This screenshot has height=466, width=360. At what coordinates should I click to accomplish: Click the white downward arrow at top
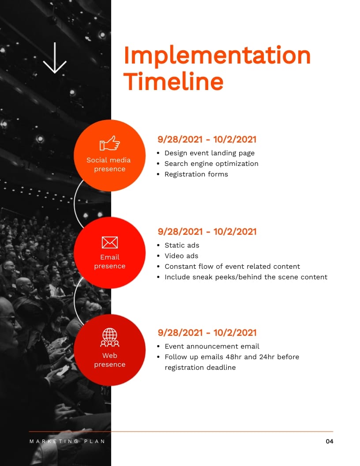[55, 58]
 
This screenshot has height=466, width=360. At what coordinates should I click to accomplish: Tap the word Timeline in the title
[173, 81]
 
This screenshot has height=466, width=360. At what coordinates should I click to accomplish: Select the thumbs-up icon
[110, 143]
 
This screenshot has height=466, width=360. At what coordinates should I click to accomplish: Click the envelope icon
[110, 242]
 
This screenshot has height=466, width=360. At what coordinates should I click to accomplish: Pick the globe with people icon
[110, 337]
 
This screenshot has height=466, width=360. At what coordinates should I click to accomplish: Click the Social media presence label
[109, 165]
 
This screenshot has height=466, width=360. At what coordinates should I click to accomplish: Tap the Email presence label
[110, 262]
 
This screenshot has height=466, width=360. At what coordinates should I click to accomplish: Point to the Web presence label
[110, 360]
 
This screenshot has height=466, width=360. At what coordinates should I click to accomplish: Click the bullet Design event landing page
[210, 153]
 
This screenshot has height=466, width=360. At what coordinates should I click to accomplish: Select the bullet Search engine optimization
[211, 164]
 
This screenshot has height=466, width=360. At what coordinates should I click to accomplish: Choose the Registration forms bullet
[196, 174]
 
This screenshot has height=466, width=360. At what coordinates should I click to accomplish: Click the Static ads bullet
[182, 245]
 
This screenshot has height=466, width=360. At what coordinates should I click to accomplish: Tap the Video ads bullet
[181, 256]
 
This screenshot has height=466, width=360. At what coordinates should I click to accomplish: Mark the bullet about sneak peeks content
[246, 277]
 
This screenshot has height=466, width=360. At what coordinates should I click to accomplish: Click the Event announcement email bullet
[212, 346]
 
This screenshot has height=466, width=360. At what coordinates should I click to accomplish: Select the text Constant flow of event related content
[232, 267]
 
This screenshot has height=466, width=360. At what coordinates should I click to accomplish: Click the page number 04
[330, 441]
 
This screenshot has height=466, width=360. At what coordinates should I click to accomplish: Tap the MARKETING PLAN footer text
[67, 441]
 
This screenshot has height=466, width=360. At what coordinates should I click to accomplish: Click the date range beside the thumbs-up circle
[207, 139]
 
